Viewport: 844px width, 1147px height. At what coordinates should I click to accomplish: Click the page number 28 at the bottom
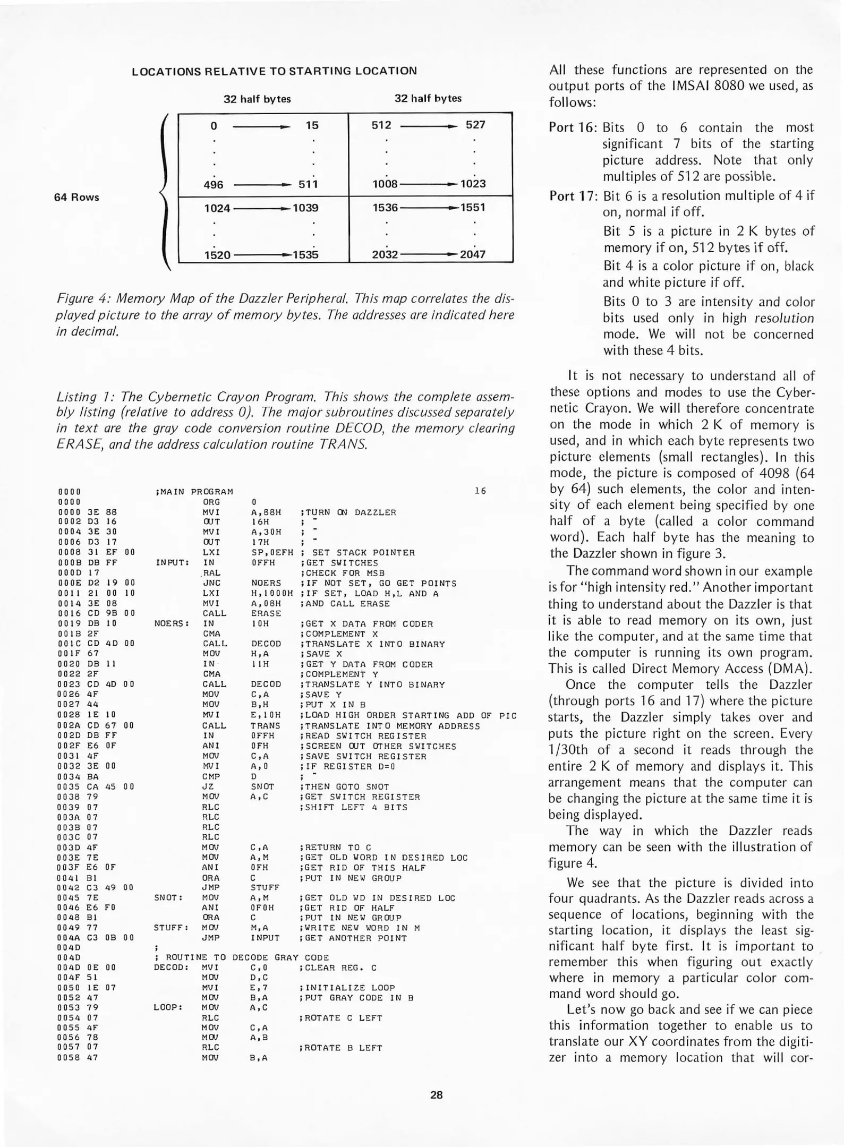436,1094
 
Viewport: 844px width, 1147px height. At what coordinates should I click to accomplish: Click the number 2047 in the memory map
472,254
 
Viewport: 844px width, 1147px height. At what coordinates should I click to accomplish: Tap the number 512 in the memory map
381,125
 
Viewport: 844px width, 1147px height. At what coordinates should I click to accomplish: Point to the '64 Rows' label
76,197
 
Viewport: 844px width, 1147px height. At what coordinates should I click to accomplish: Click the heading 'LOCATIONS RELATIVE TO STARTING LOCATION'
274,71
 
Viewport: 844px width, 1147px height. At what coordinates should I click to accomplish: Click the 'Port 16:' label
573,127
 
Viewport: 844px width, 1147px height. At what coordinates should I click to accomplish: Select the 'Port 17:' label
573,196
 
